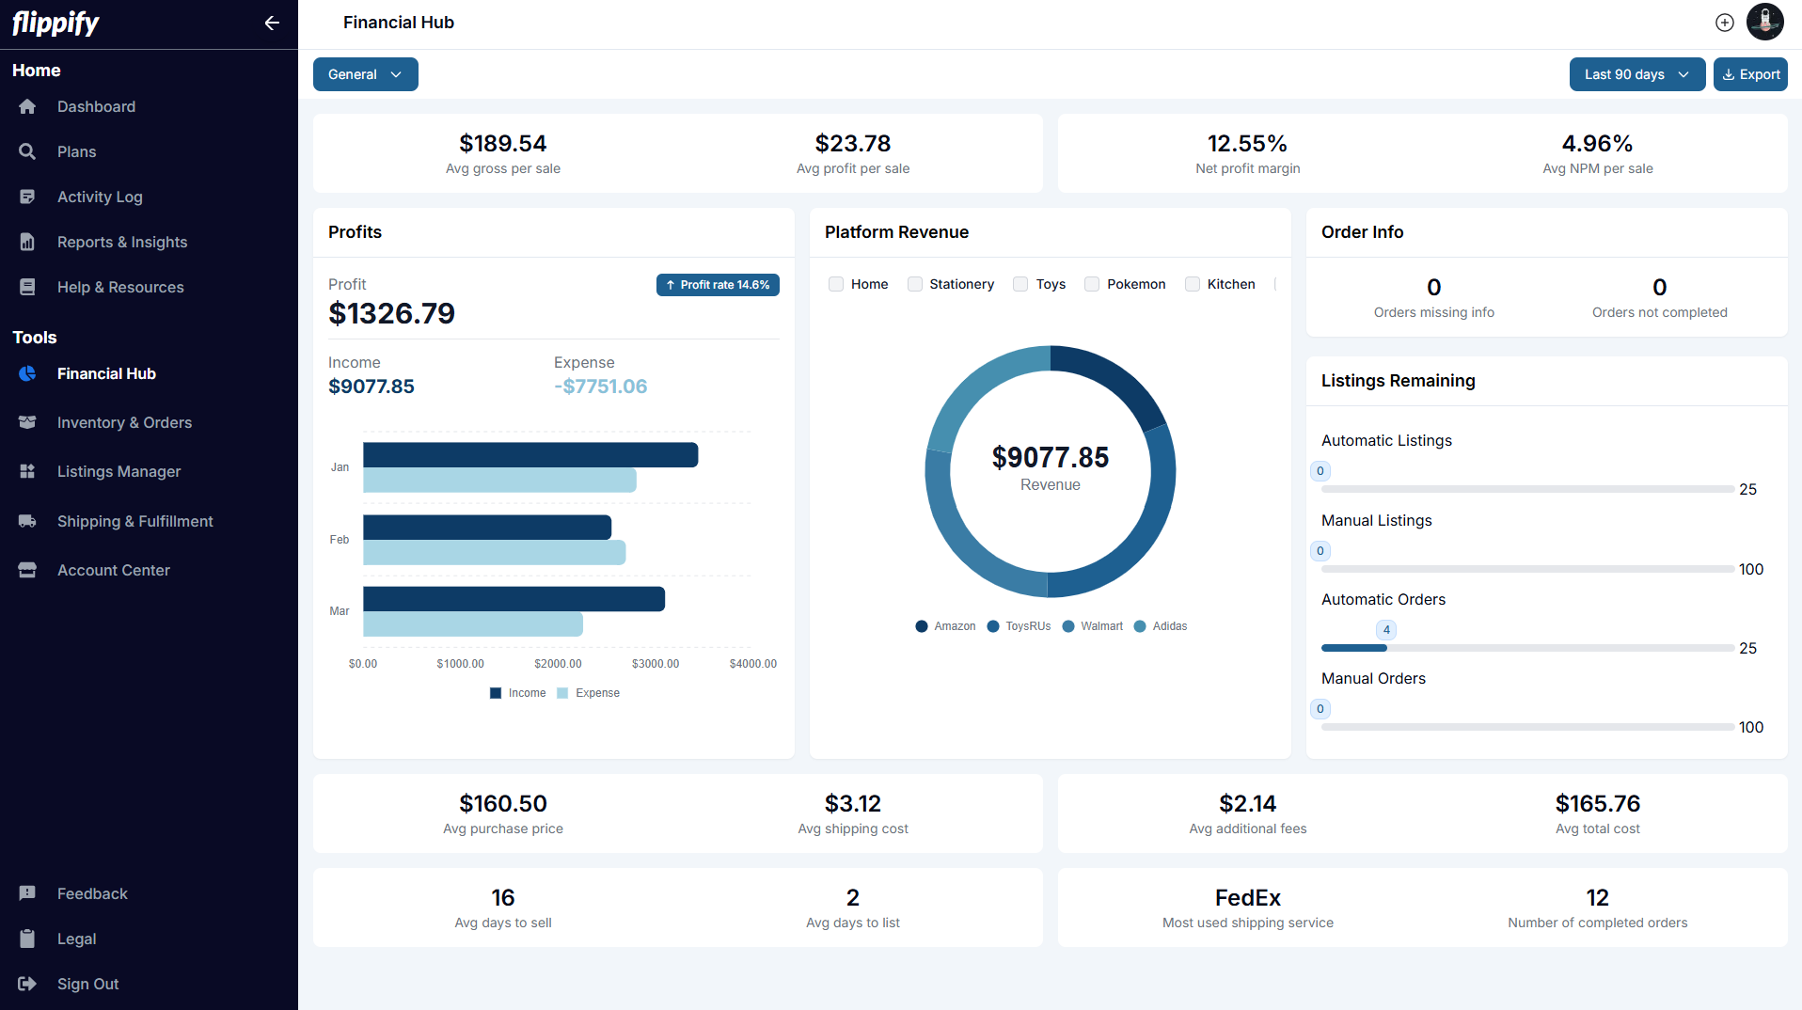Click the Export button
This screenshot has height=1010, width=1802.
point(1750,74)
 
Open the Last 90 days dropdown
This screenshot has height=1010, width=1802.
point(1636,74)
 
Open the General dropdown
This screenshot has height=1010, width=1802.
point(365,74)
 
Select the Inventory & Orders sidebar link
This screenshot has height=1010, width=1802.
point(124,423)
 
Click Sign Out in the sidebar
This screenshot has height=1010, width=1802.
point(87,984)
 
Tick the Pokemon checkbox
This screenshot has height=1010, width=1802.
point(1092,284)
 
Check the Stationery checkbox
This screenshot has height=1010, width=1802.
point(914,284)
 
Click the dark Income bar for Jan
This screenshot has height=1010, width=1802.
point(530,455)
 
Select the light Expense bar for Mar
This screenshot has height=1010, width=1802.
point(473,624)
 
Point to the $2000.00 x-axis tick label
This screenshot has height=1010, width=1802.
point(558,664)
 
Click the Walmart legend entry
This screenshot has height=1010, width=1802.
point(1093,626)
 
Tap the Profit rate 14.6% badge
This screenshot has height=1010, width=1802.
point(718,285)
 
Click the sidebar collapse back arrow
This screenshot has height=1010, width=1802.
point(272,24)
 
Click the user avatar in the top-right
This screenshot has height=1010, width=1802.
point(1764,22)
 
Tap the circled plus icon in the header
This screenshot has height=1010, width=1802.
point(1724,23)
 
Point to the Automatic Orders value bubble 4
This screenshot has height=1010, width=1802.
point(1385,630)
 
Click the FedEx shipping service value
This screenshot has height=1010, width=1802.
point(1247,898)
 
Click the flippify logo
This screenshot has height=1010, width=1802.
point(55,23)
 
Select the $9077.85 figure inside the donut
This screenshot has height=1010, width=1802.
point(1050,458)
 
